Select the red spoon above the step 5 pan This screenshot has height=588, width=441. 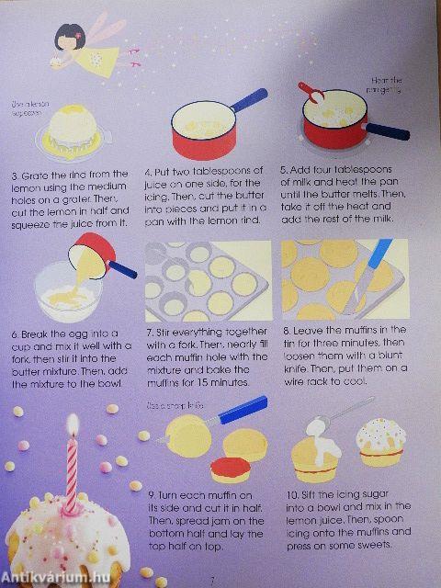point(311,93)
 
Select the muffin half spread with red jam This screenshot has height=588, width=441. point(232,469)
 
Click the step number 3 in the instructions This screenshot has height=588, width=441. point(15,174)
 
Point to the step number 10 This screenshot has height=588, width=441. point(290,494)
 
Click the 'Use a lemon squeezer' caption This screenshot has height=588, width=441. point(31,110)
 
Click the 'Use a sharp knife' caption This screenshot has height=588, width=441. point(171,405)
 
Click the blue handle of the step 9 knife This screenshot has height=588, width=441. point(243,409)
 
